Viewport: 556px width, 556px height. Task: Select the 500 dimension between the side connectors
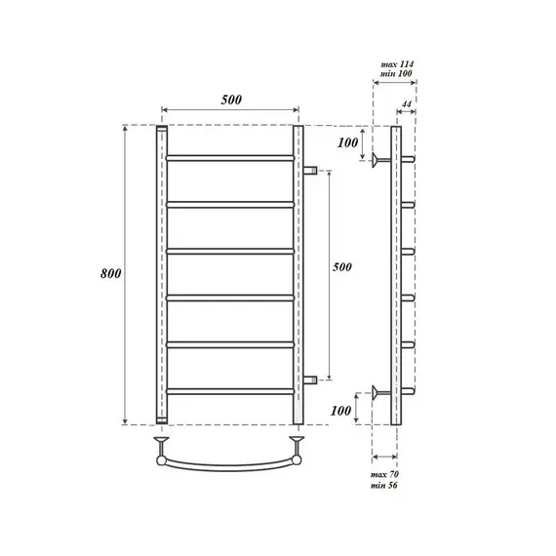(342, 266)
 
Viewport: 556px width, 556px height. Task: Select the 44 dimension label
(407, 102)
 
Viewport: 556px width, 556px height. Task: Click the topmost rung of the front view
(230, 157)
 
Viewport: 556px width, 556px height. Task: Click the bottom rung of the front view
(230, 391)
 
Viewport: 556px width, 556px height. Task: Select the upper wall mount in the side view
(378, 158)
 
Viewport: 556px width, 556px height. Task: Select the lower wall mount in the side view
(378, 393)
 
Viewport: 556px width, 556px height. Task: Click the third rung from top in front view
(230, 251)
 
